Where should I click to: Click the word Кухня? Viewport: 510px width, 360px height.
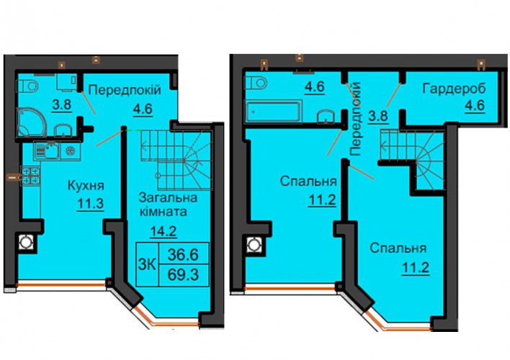pos(86,186)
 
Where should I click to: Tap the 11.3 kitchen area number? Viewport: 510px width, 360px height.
pos(91,204)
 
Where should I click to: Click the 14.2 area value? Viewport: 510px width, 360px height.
pos(164,232)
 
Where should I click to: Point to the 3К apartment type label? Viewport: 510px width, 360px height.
pos(147,265)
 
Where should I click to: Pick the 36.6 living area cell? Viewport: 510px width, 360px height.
pos(183,254)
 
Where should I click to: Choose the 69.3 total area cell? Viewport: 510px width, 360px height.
pos(183,275)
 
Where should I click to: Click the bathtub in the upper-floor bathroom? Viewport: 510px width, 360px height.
pos(274,112)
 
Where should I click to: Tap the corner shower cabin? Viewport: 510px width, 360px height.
pos(32,122)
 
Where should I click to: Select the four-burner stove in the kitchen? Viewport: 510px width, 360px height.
pos(30,176)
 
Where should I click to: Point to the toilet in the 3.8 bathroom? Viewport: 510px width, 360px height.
pos(27,86)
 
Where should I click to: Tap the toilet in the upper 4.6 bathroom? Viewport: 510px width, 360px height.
pos(256,83)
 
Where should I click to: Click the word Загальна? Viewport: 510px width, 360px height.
pos(168,197)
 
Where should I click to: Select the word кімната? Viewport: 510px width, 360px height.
pos(163,212)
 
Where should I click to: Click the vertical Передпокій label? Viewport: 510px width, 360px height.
pos(355,119)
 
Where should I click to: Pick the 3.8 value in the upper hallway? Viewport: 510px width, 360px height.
pos(378,116)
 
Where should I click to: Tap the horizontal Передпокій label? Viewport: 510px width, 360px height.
pos(125,90)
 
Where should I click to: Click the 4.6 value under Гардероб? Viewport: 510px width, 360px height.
pos(475,106)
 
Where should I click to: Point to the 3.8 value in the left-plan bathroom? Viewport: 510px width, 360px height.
pos(62,105)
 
